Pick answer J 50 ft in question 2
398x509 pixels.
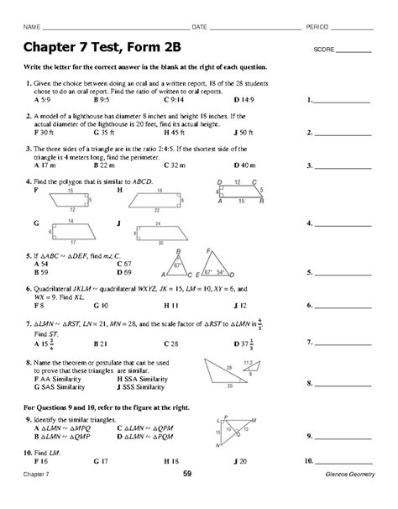pyautogui.click(x=244, y=132)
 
